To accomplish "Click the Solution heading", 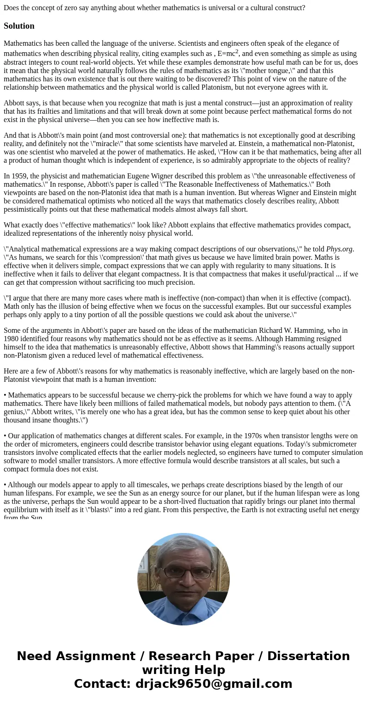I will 19,26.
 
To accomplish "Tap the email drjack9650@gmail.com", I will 213,684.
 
